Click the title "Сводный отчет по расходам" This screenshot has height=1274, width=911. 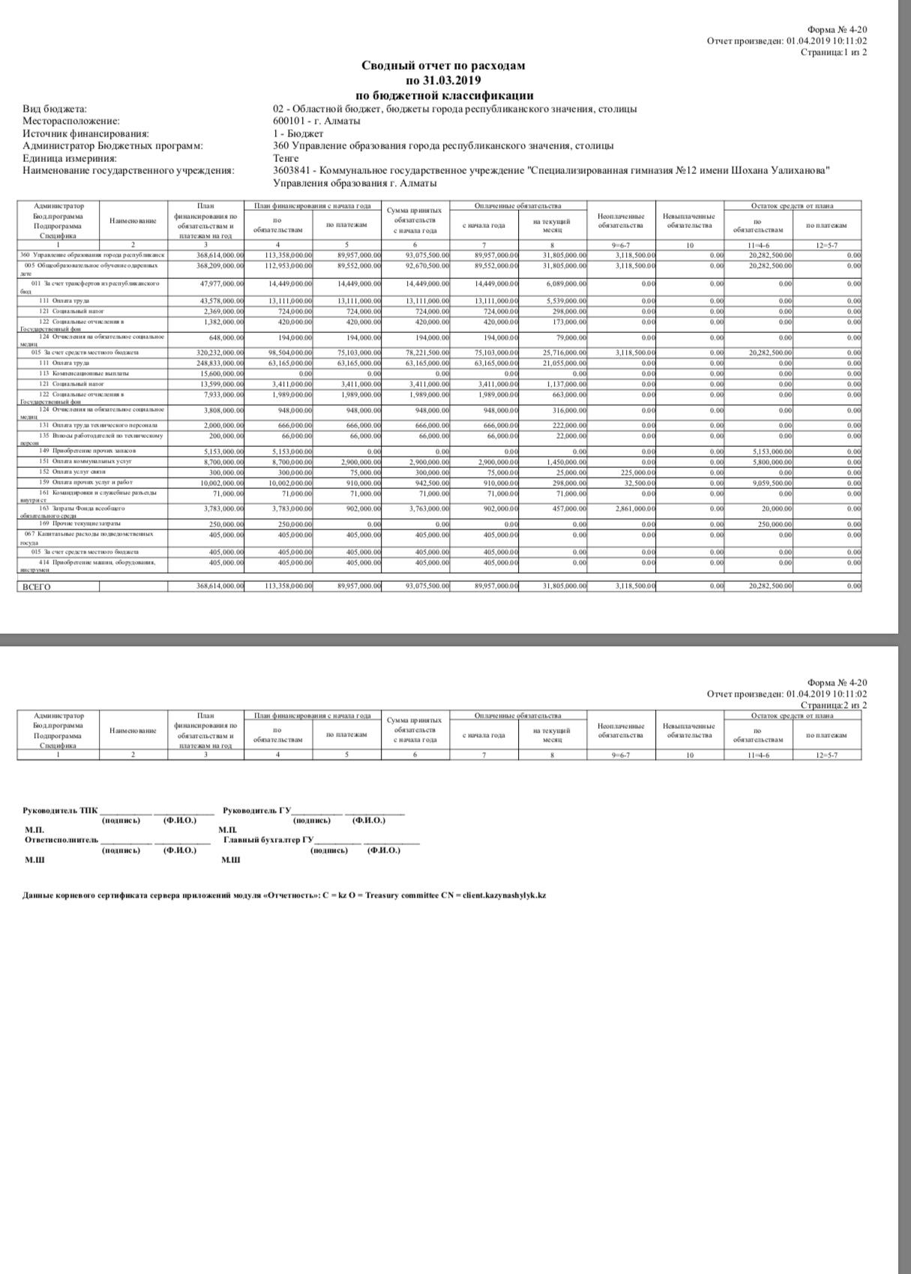click(x=443, y=65)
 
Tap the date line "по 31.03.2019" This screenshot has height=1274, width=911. click(x=443, y=80)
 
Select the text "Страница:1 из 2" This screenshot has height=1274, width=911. click(x=834, y=52)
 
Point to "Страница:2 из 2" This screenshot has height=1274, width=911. click(x=834, y=705)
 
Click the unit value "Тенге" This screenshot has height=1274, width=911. click(x=286, y=158)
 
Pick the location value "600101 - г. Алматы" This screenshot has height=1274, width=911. click(x=316, y=121)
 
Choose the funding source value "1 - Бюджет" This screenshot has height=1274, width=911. click(x=298, y=133)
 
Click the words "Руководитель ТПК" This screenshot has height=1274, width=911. click(x=60, y=811)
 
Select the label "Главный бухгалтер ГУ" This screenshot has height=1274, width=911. click(x=268, y=840)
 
